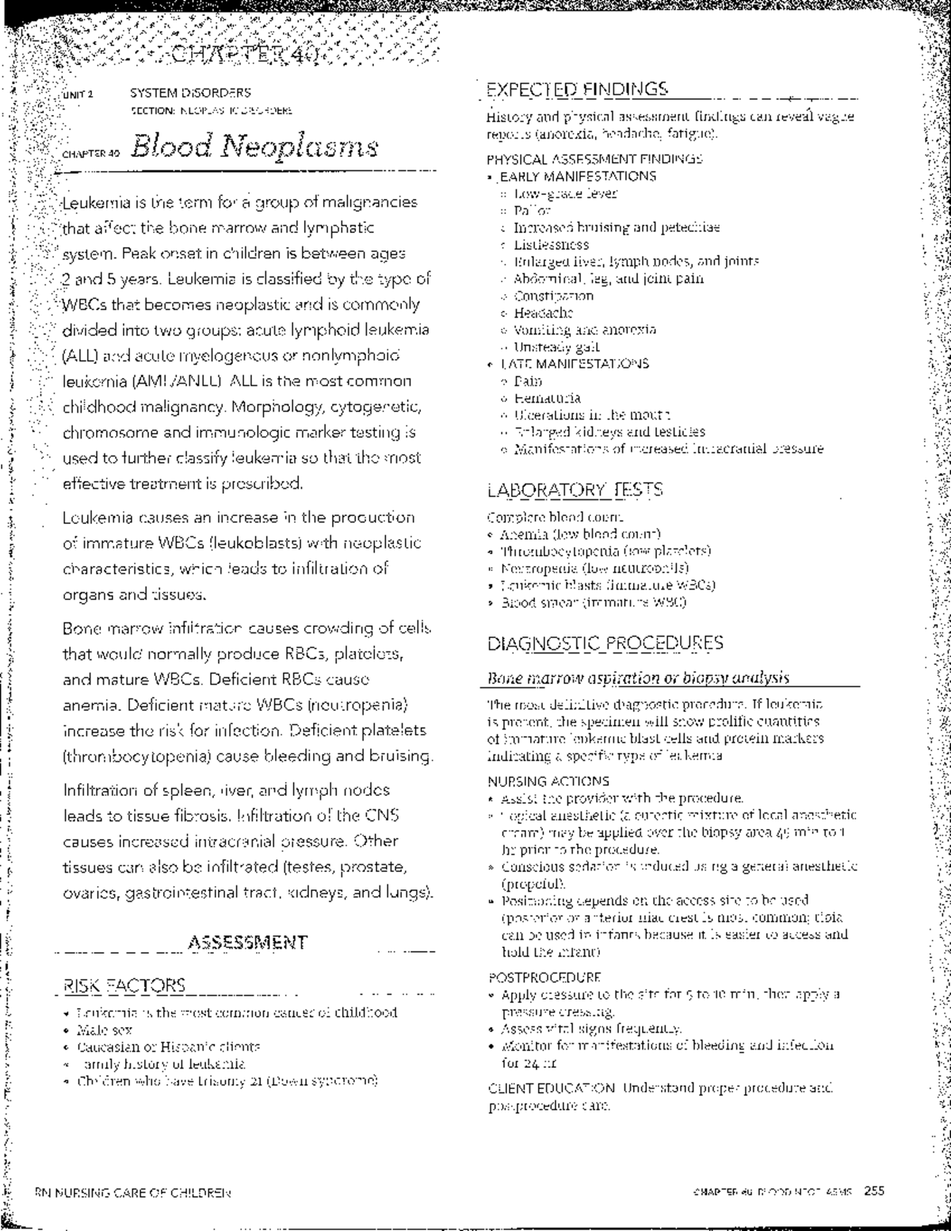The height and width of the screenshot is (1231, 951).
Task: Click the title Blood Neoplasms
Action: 255,147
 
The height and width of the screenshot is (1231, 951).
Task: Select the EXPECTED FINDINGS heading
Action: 577,88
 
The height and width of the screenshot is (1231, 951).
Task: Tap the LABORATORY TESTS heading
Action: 575,489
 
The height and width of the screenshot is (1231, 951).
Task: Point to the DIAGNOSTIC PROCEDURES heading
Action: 605,643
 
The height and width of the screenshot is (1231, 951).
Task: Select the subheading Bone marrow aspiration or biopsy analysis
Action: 638,679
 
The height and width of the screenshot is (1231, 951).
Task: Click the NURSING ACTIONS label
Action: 548,781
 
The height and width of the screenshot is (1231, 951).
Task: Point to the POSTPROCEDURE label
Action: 544,977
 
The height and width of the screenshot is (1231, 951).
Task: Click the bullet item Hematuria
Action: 547,398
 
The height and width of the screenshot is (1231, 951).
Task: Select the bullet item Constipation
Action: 553,296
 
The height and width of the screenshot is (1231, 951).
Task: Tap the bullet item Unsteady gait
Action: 556,346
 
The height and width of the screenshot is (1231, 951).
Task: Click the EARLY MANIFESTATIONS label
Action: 577,176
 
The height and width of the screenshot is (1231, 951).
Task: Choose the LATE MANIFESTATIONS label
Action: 574,364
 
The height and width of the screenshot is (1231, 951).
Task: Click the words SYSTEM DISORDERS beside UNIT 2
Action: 190,93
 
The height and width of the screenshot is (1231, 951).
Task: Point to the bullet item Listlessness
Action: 552,245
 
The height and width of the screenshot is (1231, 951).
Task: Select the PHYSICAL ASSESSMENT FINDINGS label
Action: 594,159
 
